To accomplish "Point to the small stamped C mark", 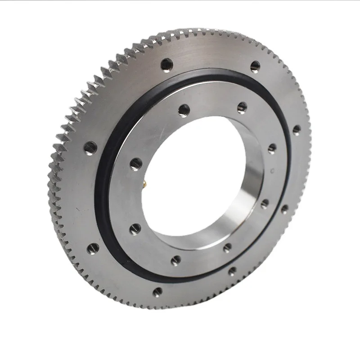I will pyautogui.click(x=273, y=170).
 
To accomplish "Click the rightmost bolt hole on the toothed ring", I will pyautogui.click(x=297, y=130).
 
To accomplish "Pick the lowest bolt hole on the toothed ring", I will pyautogui.click(x=157, y=292).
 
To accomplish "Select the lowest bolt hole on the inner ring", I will pyautogui.click(x=176, y=260).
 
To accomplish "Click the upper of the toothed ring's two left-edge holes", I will pyautogui.click(x=90, y=146).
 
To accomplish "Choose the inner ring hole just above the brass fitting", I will pyautogui.click(x=136, y=163).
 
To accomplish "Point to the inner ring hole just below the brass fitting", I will pyautogui.click(x=135, y=230).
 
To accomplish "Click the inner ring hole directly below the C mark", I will pyautogui.click(x=265, y=203).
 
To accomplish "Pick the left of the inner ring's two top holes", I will pyautogui.click(x=184, y=109).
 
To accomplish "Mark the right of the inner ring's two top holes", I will pyautogui.click(x=242, y=107).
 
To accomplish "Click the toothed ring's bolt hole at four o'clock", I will pyautogui.click(x=284, y=209).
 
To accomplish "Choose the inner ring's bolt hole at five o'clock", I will pyautogui.click(x=228, y=246).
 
